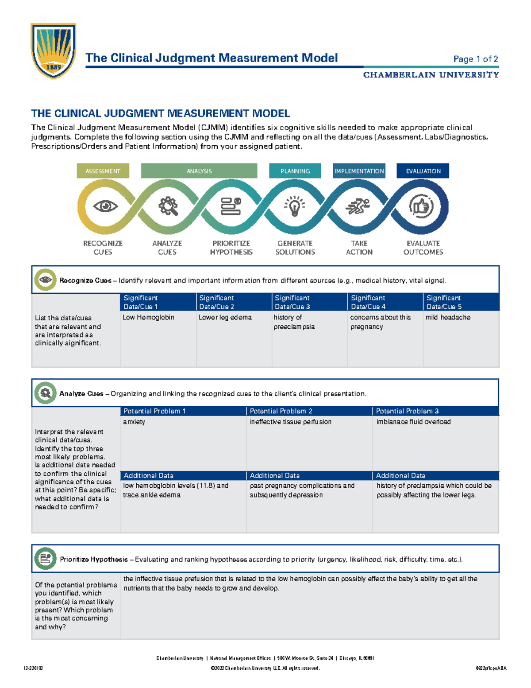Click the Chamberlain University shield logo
coord(53,51)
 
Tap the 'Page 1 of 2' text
coord(476,59)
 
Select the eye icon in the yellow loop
coord(105,206)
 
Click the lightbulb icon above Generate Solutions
coord(295,206)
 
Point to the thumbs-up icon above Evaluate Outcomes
coord(421,206)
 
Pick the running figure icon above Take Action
coord(358,206)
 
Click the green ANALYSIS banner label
coord(199,171)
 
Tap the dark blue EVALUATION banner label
coord(423,171)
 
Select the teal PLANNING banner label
coord(295,171)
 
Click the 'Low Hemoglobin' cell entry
coord(148,317)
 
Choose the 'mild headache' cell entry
coord(448,317)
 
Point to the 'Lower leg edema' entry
coord(225,317)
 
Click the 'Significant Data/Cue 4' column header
coord(368,302)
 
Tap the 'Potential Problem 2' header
coord(281,411)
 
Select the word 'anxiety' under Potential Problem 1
coord(134,422)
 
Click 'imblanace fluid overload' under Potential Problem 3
coord(414,422)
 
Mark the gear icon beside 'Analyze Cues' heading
coord(45,393)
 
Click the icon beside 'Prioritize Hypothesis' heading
coord(45,559)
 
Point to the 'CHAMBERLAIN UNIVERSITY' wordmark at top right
coord(431,75)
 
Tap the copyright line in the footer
coord(265,668)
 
